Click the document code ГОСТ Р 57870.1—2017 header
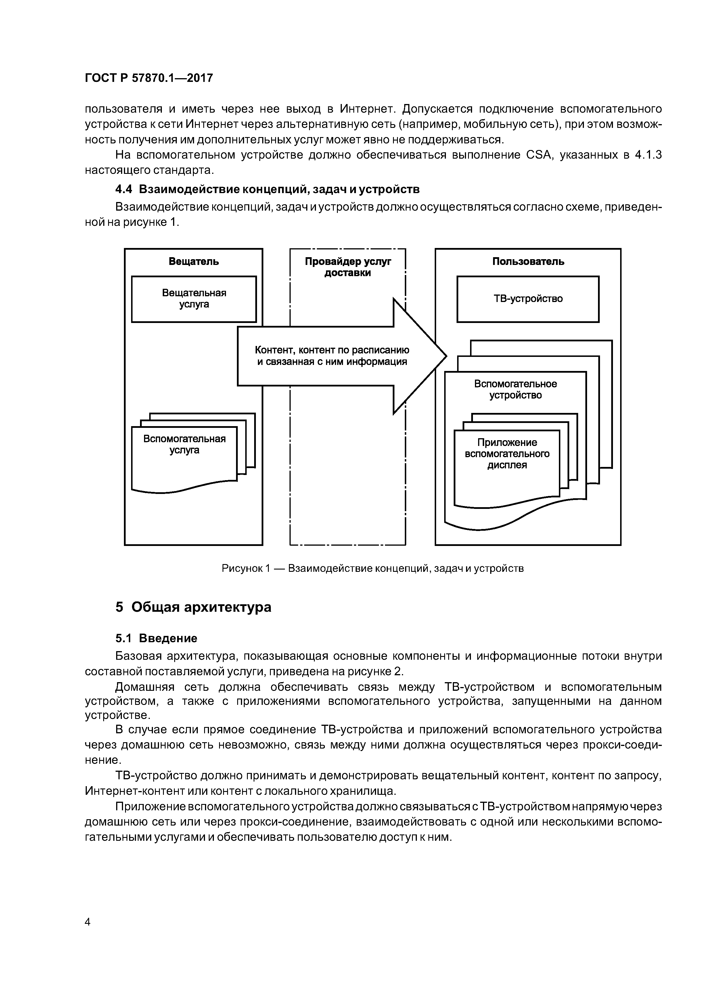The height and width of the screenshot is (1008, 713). coord(148,78)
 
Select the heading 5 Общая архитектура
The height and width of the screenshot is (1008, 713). coord(193,607)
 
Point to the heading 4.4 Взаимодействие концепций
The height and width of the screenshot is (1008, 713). coord(267,189)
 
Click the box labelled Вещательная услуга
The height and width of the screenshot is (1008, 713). coord(194,299)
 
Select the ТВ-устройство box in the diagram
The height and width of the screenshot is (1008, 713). coord(528,299)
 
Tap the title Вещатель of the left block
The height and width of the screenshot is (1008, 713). coord(194,262)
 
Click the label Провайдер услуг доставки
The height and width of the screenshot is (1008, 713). coord(348,267)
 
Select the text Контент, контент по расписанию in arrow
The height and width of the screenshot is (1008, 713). coord(332,350)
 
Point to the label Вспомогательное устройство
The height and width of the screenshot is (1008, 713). coord(515,389)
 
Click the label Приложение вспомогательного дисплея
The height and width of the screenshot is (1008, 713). coord(507,453)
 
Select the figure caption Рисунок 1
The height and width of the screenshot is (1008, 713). coord(373,569)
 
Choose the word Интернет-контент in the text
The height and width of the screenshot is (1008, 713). coord(135,791)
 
